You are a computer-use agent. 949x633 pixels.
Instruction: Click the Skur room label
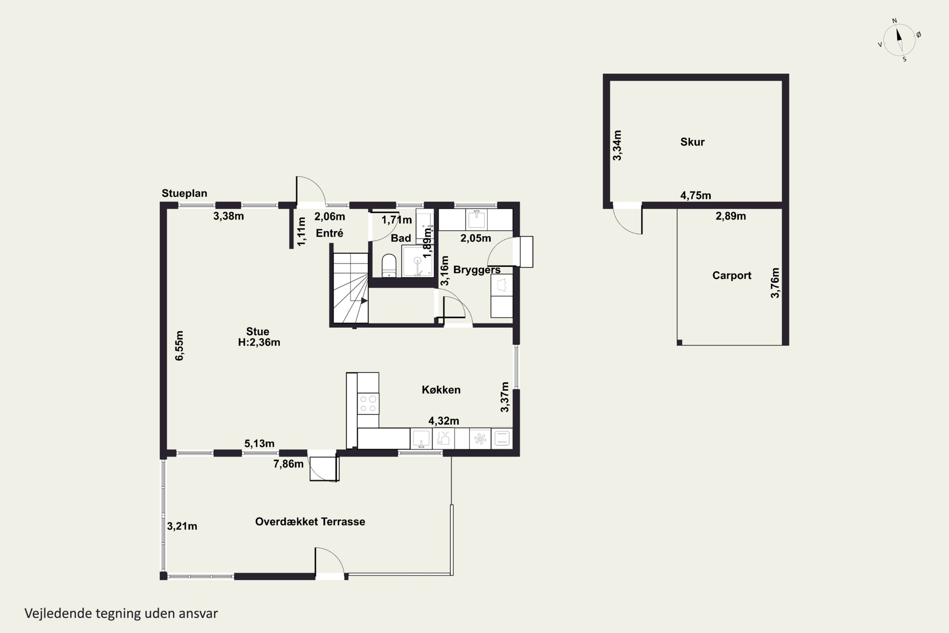tap(692, 142)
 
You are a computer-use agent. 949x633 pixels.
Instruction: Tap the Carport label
tap(731, 275)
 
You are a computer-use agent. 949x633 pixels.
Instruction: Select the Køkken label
tap(441, 390)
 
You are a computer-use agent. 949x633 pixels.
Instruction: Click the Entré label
tap(330, 233)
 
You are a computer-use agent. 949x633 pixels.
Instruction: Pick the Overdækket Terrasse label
tap(310, 522)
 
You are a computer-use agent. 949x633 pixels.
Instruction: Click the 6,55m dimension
tap(179, 346)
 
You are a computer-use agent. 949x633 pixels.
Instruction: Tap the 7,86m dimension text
tap(288, 464)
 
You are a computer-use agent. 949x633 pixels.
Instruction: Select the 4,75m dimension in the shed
tap(696, 195)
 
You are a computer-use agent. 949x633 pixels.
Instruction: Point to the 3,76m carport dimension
tap(775, 283)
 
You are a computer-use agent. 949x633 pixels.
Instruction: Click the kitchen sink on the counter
tap(421, 438)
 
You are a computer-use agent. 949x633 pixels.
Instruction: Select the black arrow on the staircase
tap(364, 301)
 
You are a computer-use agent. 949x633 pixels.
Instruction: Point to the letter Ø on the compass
tap(918, 35)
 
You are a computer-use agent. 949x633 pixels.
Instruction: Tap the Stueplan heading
tap(184, 193)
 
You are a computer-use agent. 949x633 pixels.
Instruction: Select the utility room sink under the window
tap(476, 220)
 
